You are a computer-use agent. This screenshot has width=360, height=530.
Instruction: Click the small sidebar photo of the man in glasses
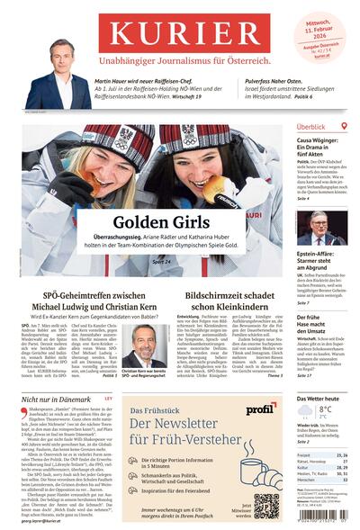[321, 228]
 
